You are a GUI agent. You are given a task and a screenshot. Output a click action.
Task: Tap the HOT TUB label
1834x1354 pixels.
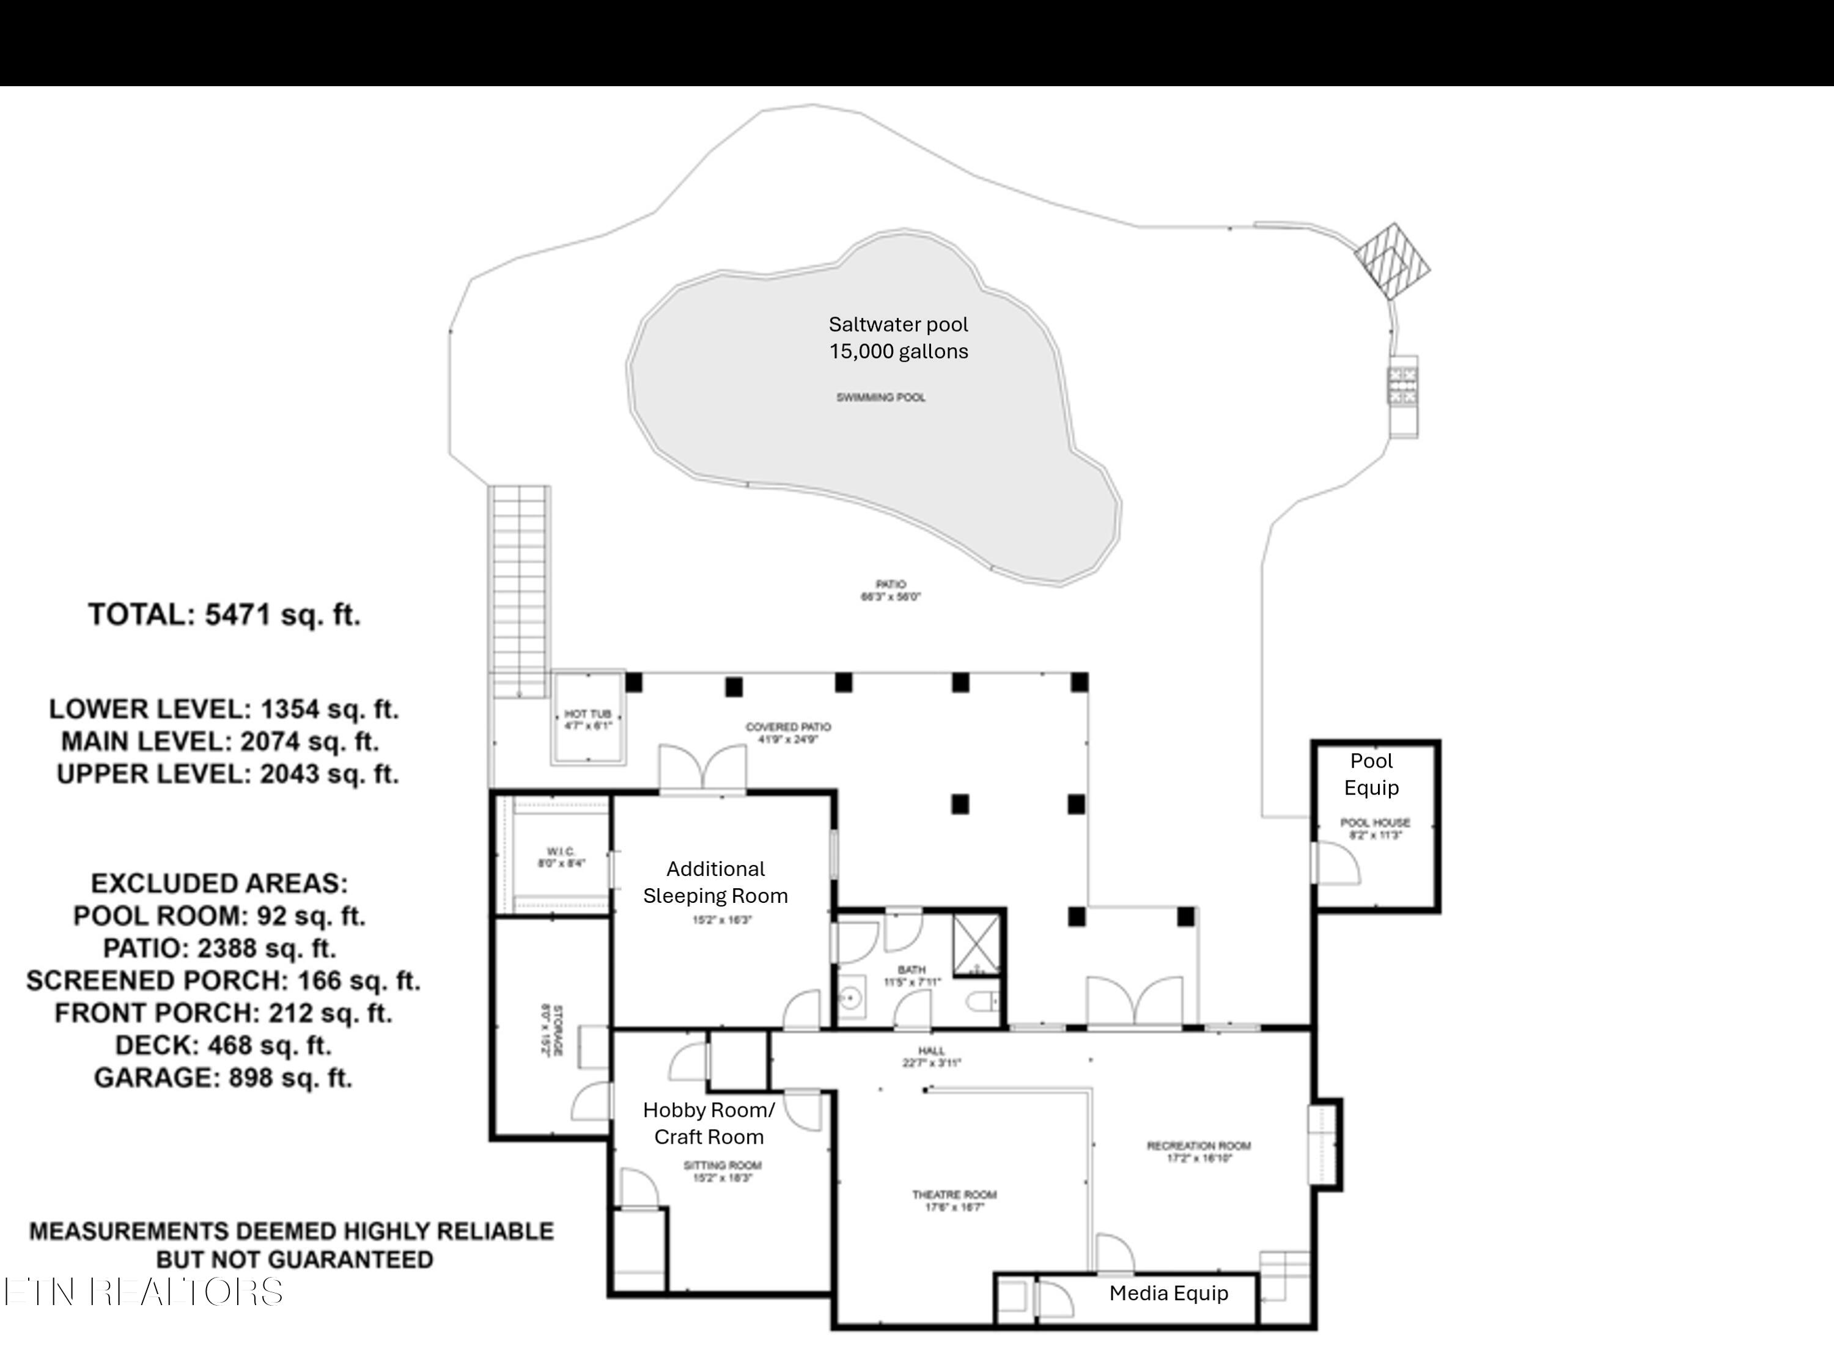(x=587, y=719)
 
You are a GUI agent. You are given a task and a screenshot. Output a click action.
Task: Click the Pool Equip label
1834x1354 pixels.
(x=1371, y=774)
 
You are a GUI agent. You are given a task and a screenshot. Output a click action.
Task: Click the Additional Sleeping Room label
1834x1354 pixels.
(x=715, y=882)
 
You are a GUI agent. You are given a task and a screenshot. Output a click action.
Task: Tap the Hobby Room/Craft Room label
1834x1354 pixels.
(x=709, y=1123)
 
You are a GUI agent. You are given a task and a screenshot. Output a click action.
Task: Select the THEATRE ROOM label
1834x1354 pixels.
(x=954, y=1200)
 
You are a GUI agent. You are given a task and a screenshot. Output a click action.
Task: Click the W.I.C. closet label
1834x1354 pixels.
(x=561, y=857)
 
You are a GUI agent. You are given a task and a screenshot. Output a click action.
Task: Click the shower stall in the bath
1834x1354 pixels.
(x=977, y=944)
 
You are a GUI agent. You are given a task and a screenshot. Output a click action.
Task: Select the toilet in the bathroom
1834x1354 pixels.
(x=982, y=1001)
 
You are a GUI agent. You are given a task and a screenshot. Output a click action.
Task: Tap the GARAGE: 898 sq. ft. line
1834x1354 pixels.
(x=223, y=1078)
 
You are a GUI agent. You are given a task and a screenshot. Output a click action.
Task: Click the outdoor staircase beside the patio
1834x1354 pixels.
(x=520, y=590)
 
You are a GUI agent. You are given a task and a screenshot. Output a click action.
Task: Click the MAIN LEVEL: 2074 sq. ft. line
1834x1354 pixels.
(x=219, y=741)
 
